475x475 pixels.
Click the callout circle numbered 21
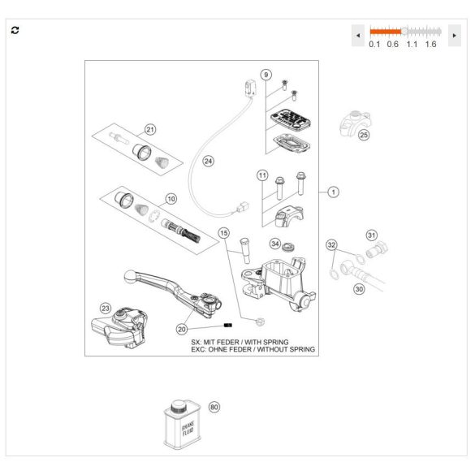[x=150, y=130]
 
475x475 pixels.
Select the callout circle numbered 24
[x=208, y=161]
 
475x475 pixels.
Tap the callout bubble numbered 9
[x=266, y=75]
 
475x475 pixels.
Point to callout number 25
[x=364, y=135]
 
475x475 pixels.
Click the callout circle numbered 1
[x=334, y=192]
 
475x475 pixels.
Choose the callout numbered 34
[x=275, y=244]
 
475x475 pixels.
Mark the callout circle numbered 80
[x=214, y=407]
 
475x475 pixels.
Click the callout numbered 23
[x=106, y=309]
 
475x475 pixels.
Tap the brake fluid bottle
[x=183, y=425]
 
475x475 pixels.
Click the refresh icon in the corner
[x=15, y=30]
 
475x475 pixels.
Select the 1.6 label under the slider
[x=430, y=44]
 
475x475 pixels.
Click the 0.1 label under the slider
[x=374, y=44]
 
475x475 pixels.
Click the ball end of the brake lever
[x=130, y=276]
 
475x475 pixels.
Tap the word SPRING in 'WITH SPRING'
[x=275, y=343]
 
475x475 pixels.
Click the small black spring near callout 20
[x=228, y=326]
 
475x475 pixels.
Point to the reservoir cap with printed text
[x=291, y=119]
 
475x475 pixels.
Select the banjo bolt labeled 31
[x=377, y=249]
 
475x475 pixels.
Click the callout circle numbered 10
[x=171, y=199]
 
